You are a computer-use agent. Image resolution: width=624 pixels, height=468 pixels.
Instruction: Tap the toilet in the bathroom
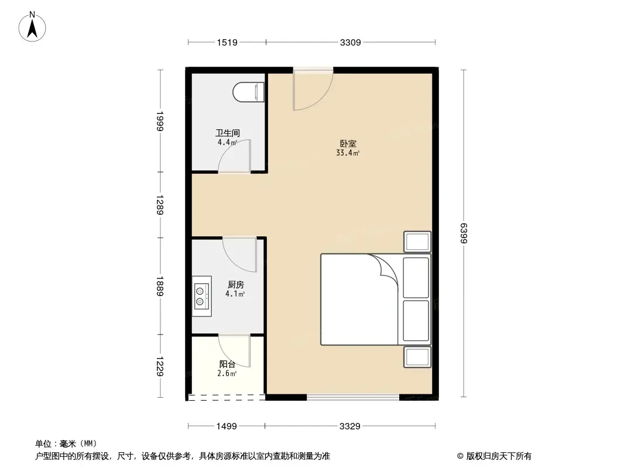tap(248, 92)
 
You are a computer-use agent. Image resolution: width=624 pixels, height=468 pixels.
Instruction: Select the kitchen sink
tap(201, 296)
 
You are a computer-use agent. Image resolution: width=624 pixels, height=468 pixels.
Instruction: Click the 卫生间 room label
tap(228, 133)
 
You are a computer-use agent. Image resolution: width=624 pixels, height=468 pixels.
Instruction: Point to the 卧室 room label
tap(348, 143)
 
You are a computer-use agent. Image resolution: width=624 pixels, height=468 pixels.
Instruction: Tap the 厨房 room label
tap(235, 284)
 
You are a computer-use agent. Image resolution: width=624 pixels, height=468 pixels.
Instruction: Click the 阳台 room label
tap(227, 364)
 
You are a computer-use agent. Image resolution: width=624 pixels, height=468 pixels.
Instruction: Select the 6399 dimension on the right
tap(464, 233)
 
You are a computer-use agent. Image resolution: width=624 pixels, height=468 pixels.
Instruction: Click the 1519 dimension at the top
tap(227, 42)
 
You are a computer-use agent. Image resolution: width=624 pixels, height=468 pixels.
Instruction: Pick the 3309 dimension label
tap(350, 42)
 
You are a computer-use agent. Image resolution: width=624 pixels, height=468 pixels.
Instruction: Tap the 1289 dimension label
tap(159, 205)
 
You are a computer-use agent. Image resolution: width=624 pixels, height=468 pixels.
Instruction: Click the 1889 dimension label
tap(159, 286)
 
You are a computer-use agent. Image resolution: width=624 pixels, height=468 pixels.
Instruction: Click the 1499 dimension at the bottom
tap(227, 426)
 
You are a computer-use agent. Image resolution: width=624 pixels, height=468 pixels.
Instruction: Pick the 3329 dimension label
tap(350, 426)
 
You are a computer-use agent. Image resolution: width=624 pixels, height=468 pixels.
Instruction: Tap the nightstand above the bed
tap(417, 242)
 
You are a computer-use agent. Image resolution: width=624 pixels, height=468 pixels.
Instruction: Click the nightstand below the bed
tap(417, 357)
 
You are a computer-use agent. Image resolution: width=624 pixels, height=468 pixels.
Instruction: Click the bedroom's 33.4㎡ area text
tap(348, 153)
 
